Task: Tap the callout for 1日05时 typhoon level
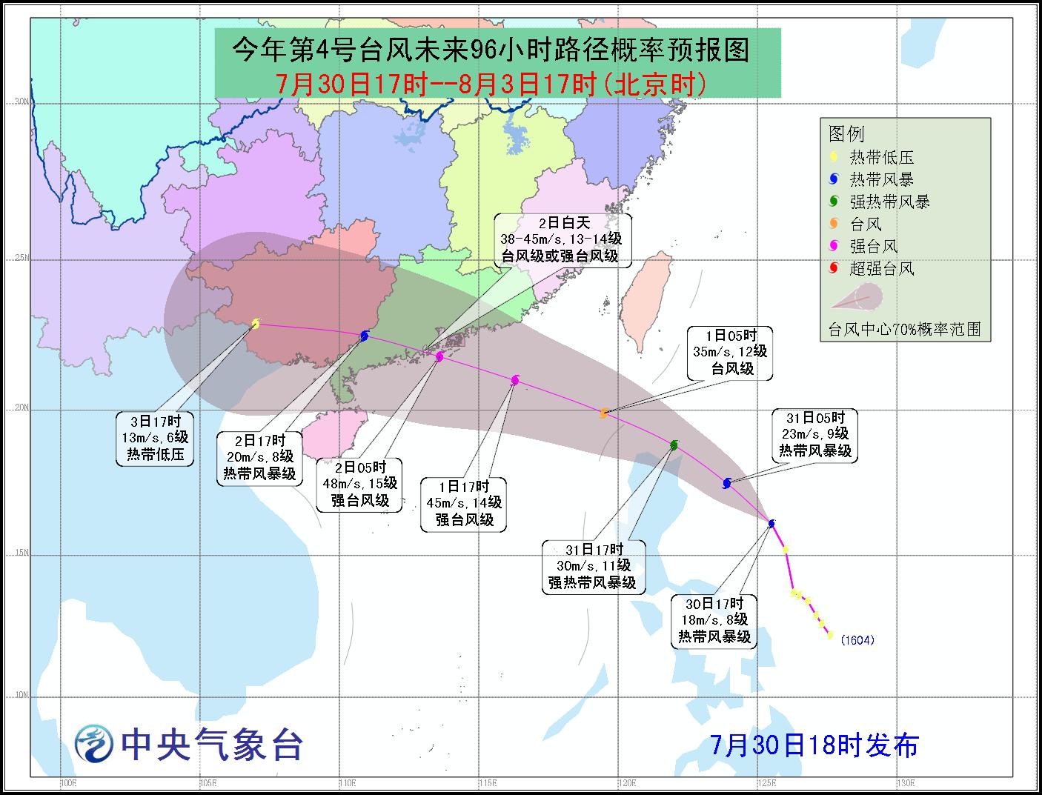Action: (729, 352)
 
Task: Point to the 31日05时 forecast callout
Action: (814, 434)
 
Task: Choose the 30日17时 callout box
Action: (714, 619)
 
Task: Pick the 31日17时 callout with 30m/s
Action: (592, 567)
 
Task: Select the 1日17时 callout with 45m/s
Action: (464, 504)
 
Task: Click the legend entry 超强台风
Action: (880, 268)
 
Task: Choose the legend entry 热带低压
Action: (880, 157)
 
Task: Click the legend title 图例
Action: (846, 134)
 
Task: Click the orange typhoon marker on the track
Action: (604, 413)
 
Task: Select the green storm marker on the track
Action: (674, 445)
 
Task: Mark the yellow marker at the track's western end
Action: (256, 323)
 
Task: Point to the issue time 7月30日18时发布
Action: (814, 745)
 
